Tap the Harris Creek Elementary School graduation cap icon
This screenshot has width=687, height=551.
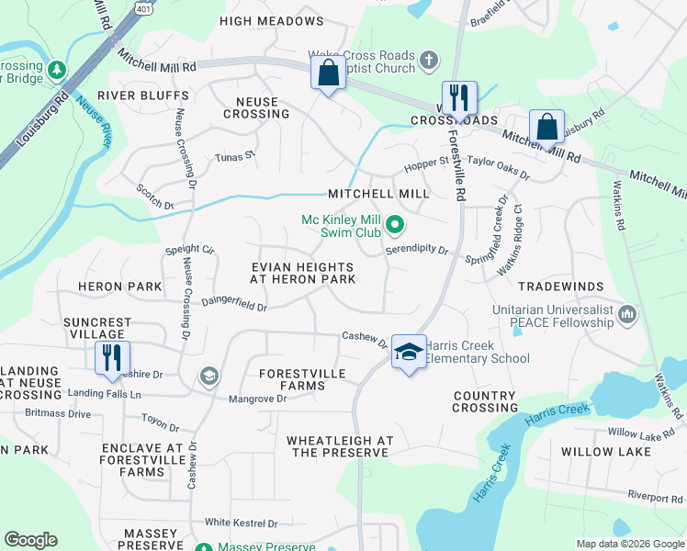click(x=408, y=351)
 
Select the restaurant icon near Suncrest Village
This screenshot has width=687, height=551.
click(x=111, y=357)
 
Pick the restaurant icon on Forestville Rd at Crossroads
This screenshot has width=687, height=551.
click(x=457, y=97)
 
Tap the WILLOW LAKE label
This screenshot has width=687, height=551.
click(x=606, y=452)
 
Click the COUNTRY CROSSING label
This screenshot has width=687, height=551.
click(x=485, y=401)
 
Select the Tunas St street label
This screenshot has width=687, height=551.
click(x=234, y=157)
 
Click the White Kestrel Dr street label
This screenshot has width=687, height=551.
click(x=241, y=523)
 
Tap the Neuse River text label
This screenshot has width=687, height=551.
click(x=95, y=120)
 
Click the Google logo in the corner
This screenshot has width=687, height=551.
click(x=30, y=540)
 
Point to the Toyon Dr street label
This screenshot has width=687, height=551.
click(x=160, y=422)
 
